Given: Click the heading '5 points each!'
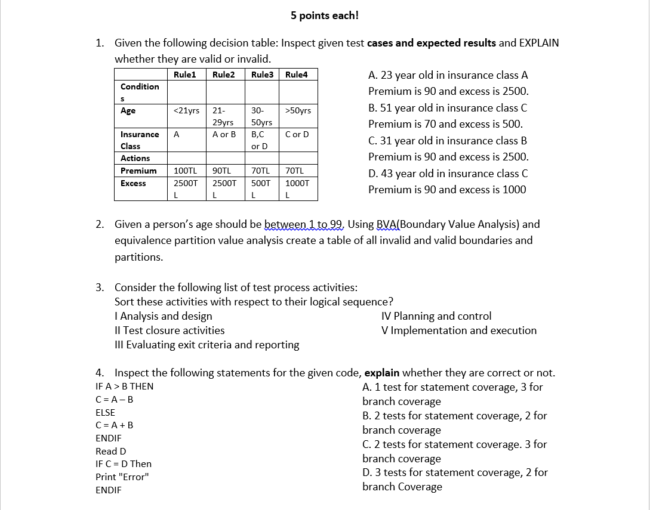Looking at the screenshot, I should tap(325, 16).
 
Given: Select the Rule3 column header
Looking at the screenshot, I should tap(262, 75).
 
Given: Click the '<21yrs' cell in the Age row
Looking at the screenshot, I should tap(186, 111).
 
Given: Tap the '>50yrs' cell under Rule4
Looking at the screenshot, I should tap(298, 111).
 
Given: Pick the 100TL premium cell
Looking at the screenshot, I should tap(185, 171).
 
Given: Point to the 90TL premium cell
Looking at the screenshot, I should tap(221, 171).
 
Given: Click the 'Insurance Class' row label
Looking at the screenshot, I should tap(139, 140).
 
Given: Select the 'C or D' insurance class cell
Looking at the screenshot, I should tap(297, 135).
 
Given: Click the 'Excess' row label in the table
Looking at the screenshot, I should tap(133, 183).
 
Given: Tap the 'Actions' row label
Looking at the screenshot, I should tap(135, 158).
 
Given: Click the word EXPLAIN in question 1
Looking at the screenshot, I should tap(539, 43).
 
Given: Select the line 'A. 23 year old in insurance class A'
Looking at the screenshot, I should tap(448, 75).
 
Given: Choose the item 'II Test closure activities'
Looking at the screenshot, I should tap(170, 330).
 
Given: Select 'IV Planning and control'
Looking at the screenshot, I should tap(436, 316).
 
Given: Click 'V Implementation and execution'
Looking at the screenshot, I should tap(458, 330).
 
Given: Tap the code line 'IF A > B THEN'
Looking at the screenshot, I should tap(124, 387).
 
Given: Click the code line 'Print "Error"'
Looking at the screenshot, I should tap(122, 477).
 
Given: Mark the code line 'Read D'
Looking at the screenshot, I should tap(110, 452).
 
